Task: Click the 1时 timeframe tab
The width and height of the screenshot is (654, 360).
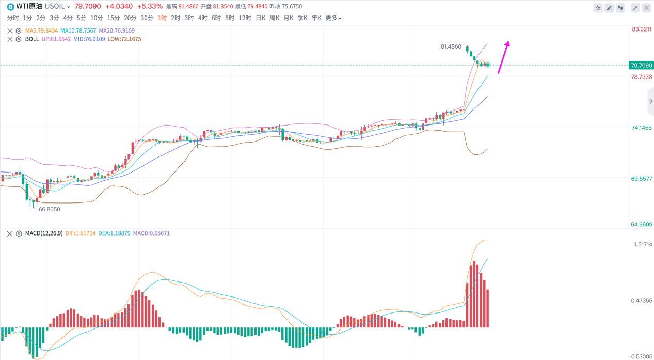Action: coord(162,18)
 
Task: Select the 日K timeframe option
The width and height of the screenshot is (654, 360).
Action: coord(261,18)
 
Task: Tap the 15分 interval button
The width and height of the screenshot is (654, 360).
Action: coord(114,18)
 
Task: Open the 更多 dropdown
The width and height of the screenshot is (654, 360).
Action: coord(333,18)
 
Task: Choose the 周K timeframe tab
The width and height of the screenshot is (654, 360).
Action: coord(274,18)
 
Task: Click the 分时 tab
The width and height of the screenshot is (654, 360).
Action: coord(13,18)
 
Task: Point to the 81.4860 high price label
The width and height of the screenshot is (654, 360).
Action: coord(451,46)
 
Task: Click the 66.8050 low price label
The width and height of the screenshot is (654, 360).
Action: coord(50,209)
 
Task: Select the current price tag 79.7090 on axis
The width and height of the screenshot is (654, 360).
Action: coord(641,66)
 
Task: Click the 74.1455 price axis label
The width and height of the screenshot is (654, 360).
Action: coord(642,128)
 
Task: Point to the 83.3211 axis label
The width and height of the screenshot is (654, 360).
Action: coord(642,29)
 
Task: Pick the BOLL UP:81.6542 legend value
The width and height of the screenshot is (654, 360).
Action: coord(56,39)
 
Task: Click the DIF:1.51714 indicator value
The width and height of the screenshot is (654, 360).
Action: coord(81,233)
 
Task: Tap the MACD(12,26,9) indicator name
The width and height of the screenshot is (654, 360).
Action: coord(44,233)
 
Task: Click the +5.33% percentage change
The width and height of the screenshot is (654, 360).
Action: coord(150,7)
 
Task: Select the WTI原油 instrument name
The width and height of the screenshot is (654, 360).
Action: coord(29,7)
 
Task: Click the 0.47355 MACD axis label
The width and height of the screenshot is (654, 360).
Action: coord(642,301)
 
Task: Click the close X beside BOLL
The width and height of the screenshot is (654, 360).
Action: coord(10,39)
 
